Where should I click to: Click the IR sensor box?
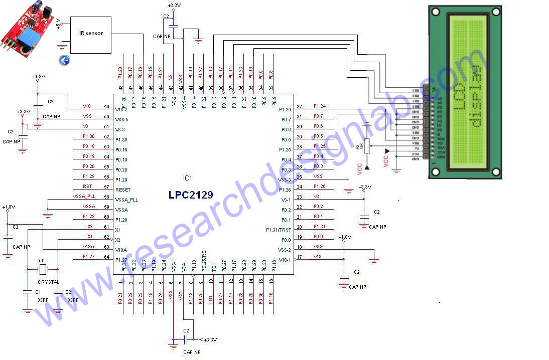click(x=91, y=34)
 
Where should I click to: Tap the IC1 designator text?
click(x=187, y=178)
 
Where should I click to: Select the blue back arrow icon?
click(x=64, y=61)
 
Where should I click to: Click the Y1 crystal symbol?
click(x=43, y=270)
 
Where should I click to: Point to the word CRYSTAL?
click(x=48, y=282)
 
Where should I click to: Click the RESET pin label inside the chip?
click(x=123, y=190)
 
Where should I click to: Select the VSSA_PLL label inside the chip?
click(x=126, y=200)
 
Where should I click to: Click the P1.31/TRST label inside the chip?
click(x=279, y=230)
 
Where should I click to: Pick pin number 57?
click(x=106, y=187)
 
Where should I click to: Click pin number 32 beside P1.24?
click(x=299, y=106)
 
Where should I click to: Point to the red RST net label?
click(x=87, y=187)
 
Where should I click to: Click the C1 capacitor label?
click(x=38, y=291)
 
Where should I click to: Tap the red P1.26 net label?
click(x=319, y=187)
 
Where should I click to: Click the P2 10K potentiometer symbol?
click(x=366, y=145)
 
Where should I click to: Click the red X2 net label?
click(x=90, y=227)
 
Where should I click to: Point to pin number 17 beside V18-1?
click(x=300, y=257)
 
